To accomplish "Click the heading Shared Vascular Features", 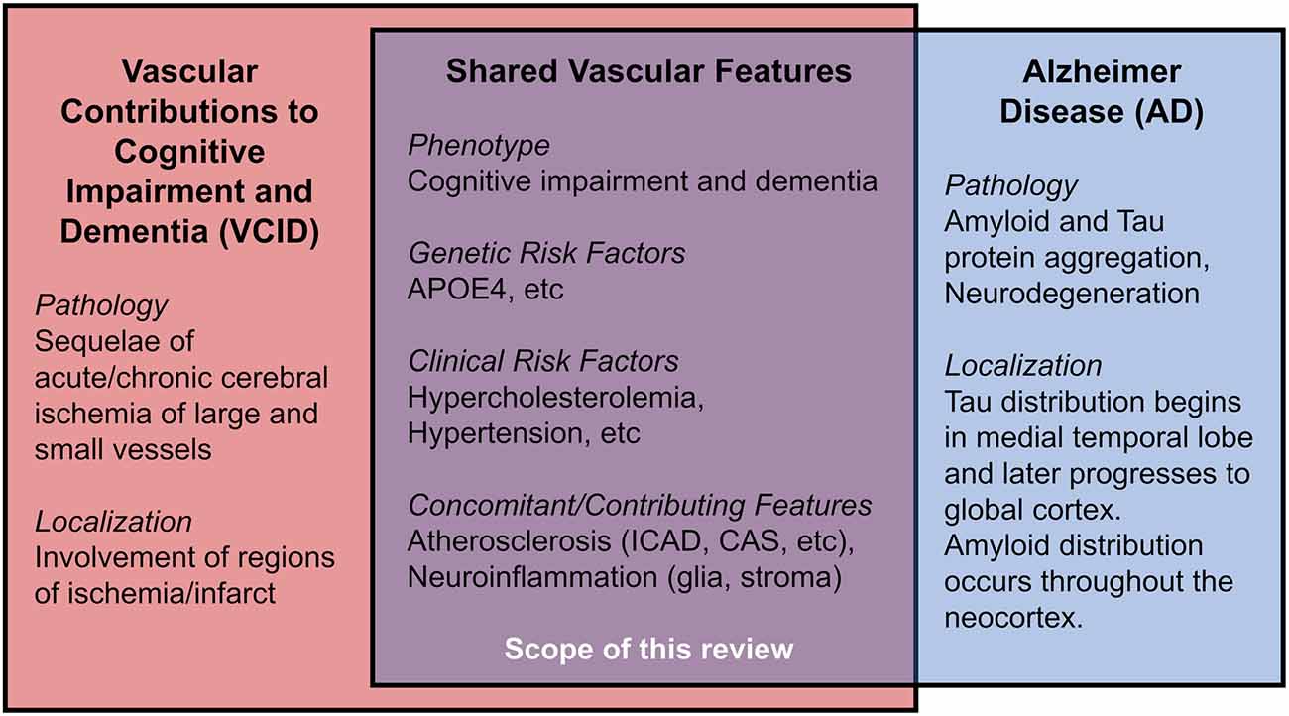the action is pyautogui.click(x=648, y=71).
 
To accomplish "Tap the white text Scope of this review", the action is pyautogui.click(x=648, y=649).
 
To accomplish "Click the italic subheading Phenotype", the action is pyautogui.click(x=479, y=146).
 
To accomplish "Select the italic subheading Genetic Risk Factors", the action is pyautogui.click(x=546, y=253).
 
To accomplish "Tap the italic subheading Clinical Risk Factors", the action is pyautogui.click(x=543, y=361).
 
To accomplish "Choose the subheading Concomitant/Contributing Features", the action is pyautogui.click(x=640, y=506).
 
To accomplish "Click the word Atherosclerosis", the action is pyautogui.click(x=510, y=541).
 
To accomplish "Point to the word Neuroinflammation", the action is pyautogui.click(x=532, y=577).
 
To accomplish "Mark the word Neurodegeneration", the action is pyautogui.click(x=1072, y=294).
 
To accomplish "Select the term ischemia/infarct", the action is pyautogui.click(x=156, y=593).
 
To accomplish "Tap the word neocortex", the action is pyautogui.click(x=1013, y=618).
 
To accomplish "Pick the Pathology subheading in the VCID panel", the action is pyautogui.click(x=101, y=305).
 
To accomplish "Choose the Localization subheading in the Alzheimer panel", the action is pyautogui.click(x=1023, y=366).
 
